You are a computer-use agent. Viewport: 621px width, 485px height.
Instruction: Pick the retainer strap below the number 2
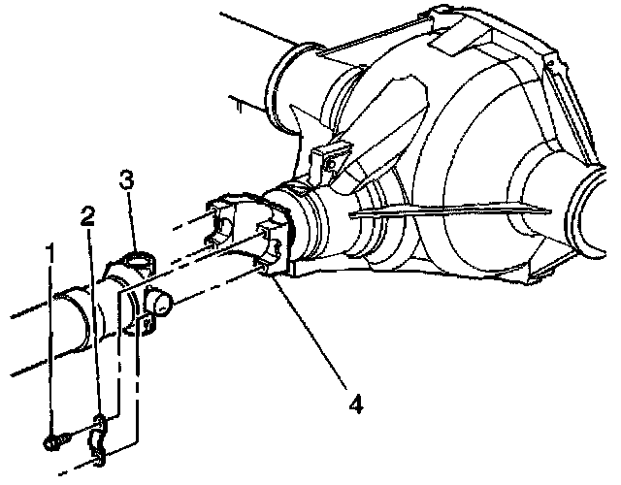[99, 423]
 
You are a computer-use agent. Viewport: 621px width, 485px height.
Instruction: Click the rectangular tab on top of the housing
[449, 39]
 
